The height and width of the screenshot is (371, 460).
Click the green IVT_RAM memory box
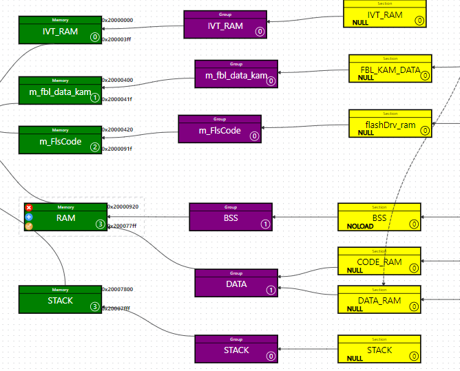click(x=60, y=30)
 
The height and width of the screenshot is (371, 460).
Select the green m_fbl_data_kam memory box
click(x=60, y=91)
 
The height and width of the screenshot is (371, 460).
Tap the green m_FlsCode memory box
click(x=60, y=140)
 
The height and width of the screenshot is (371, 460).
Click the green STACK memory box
click(x=60, y=299)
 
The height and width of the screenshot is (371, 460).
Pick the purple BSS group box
click(x=231, y=217)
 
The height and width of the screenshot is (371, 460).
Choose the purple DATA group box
click(x=236, y=283)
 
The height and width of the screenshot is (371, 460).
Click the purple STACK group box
click(x=236, y=349)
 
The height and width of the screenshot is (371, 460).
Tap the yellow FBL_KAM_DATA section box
click(x=390, y=69)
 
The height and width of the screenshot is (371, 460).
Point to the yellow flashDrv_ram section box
click(x=390, y=124)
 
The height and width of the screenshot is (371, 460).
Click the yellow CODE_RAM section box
click(x=379, y=261)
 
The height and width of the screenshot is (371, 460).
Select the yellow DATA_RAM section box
click(x=379, y=299)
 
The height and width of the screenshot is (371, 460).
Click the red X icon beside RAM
click(x=29, y=208)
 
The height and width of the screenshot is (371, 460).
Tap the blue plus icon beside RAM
click(x=29, y=217)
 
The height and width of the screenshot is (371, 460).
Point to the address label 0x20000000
click(x=118, y=20)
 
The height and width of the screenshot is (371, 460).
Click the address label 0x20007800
click(x=118, y=289)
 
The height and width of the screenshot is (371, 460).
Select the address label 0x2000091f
click(x=118, y=149)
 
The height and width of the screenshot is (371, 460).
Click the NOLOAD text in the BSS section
click(x=360, y=226)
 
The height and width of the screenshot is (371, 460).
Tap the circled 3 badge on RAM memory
click(x=100, y=224)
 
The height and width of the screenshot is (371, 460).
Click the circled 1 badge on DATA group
click(x=271, y=290)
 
